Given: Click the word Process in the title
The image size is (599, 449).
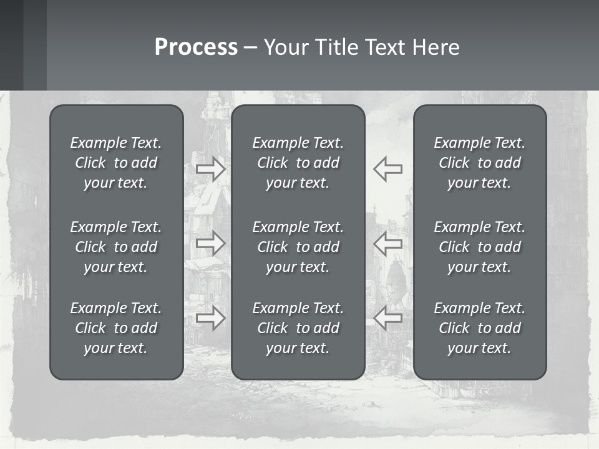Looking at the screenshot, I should coord(196,47).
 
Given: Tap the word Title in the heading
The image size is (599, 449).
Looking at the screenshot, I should coord(338,47).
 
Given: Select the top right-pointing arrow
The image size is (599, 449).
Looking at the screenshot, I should coord(211,168).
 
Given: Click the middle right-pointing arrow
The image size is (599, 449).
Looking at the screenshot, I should coord(211,243).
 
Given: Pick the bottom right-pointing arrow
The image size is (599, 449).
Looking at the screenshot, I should coord(211,317).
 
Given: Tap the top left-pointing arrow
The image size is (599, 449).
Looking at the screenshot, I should coord(388,168).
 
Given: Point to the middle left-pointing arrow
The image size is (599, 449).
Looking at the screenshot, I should coord(388,243).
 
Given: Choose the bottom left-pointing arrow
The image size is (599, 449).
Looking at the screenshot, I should coord(388,317).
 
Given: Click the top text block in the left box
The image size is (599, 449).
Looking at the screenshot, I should coord(116,163).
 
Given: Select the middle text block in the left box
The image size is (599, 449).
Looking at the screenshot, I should coord(116,247).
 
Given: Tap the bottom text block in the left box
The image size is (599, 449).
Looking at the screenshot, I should coord(116,328).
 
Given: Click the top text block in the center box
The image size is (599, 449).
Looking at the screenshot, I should coord(298,163).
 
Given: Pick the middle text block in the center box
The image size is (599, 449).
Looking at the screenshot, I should coord(298,247).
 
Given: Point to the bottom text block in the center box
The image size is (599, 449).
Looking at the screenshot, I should coord(298,328).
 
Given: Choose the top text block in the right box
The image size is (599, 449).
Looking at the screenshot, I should coord(480,163).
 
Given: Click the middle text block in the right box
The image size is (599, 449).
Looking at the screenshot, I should coord(480,247).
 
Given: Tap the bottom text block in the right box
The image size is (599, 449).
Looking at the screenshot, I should coord(480,328).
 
